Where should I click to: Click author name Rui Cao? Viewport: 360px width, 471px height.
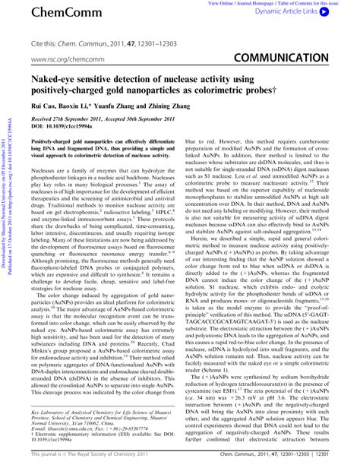coord(44,108)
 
